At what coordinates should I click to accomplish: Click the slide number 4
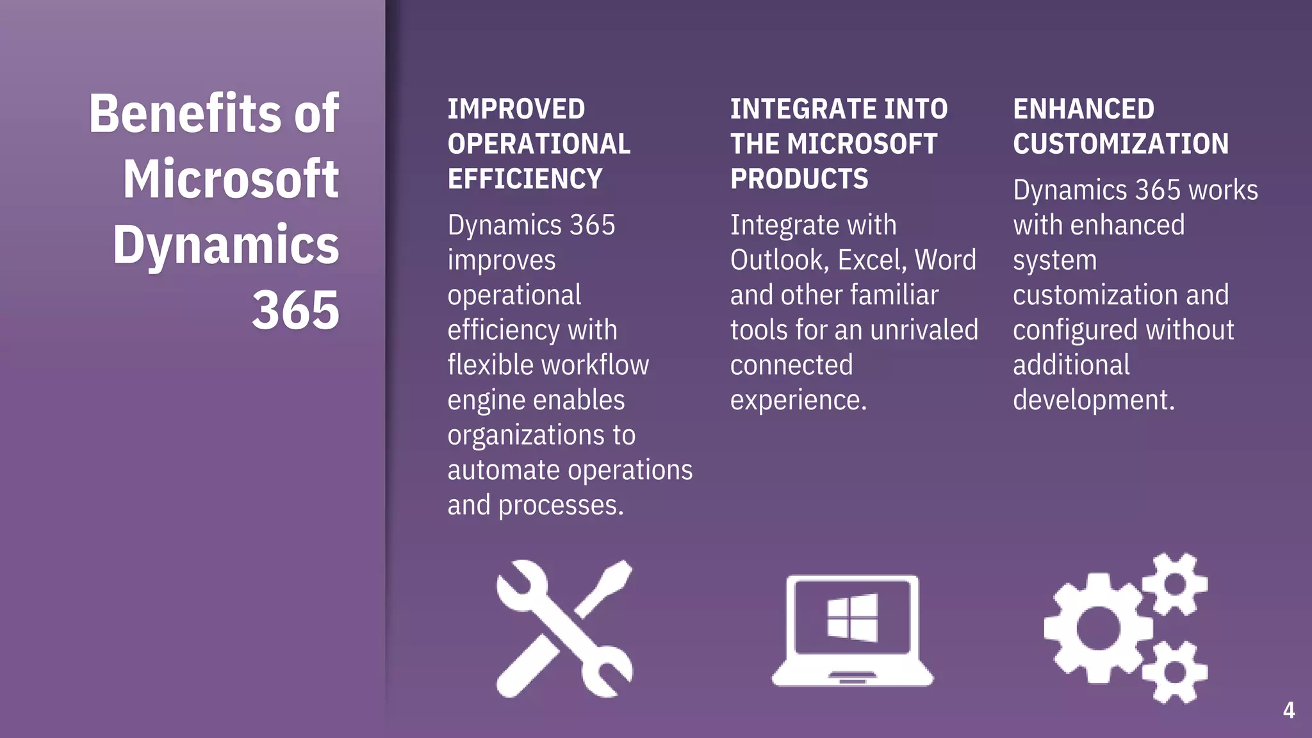click(x=1288, y=710)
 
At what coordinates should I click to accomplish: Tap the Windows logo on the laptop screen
click(x=852, y=618)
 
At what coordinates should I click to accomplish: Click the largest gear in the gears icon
click(x=1097, y=628)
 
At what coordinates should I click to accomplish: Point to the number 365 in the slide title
click(x=295, y=311)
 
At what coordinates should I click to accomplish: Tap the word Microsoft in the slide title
click(x=231, y=179)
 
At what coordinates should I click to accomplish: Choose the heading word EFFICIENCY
click(x=525, y=179)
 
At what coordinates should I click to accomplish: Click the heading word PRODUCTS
click(x=799, y=179)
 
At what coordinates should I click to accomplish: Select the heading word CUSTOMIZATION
click(x=1120, y=143)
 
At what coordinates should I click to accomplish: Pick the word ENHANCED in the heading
click(x=1083, y=109)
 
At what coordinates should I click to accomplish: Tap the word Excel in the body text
click(x=872, y=260)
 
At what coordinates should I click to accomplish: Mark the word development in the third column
click(x=1093, y=400)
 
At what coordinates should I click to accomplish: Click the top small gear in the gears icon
click(x=1176, y=584)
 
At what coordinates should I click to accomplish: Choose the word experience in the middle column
click(x=798, y=400)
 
